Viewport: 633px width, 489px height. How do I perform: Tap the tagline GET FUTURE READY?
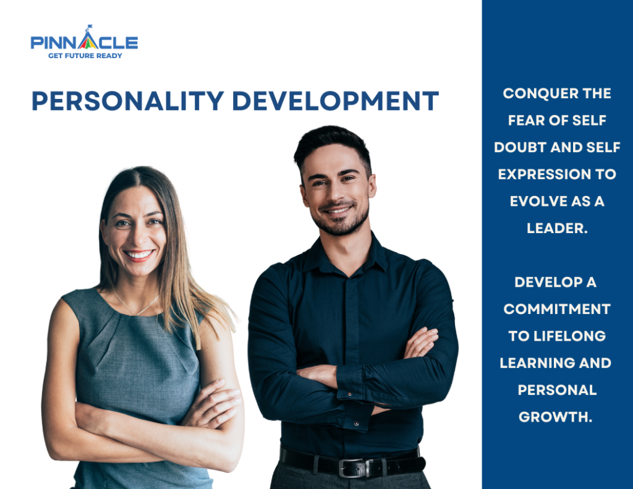pyautogui.click(x=85, y=56)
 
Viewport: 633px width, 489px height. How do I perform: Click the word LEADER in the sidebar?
pyautogui.click(x=555, y=228)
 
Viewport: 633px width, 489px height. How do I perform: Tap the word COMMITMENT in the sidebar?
pyautogui.click(x=556, y=309)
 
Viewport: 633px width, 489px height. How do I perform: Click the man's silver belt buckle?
pyautogui.click(x=352, y=468)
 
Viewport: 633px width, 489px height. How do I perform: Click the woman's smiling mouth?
pyautogui.click(x=138, y=254)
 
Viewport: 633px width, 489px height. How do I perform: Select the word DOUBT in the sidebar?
pyautogui.click(x=523, y=148)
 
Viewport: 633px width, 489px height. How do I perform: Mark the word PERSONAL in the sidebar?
pyautogui.click(x=556, y=390)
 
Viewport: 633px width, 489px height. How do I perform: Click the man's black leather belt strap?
pyautogui.click(x=396, y=465)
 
